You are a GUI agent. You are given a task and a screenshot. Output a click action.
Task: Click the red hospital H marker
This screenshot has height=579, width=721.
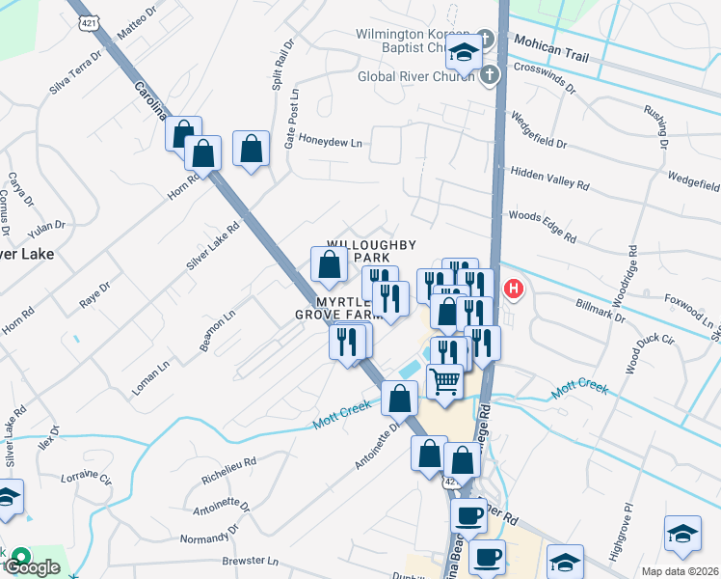coord(514,289)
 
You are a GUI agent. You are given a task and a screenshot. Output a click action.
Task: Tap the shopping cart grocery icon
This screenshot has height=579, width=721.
coord(444,382)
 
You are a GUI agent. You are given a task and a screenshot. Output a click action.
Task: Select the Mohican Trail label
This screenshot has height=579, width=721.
coord(550,43)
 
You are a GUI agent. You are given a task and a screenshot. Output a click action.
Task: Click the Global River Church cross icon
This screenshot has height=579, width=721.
coord(490,75)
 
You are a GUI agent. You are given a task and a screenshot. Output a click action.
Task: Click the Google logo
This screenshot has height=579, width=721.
coord(32,567)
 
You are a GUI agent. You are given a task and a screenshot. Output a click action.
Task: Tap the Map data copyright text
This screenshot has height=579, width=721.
coord(681,571)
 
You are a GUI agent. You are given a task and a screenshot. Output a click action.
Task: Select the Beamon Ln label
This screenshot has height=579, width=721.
coord(217,332)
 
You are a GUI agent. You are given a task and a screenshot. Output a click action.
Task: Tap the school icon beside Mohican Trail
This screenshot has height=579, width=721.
coord(465,56)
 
